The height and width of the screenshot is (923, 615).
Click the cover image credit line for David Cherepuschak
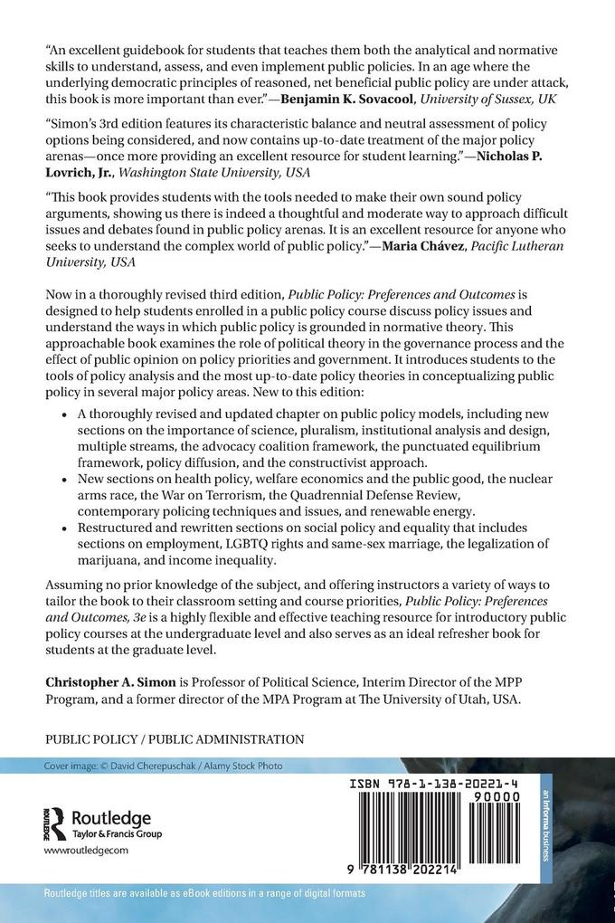pyautogui.click(x=164, y=766)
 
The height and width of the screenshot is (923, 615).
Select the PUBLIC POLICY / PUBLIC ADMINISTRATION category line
pyautogui.click(x=175, y=738)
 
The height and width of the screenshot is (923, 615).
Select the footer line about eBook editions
pyautogui.click(x=205, y=893)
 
